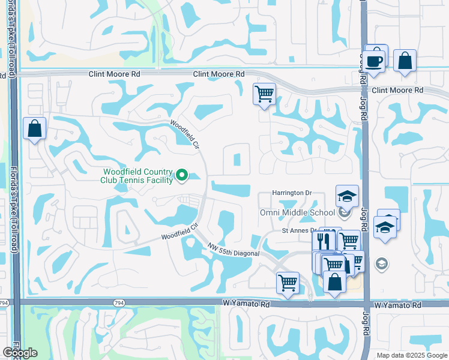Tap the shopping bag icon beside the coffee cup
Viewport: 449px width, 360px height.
pyautogui.click(x=406, y=61)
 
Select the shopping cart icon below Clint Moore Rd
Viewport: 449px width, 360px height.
pyautogui.click(x=264, y=94)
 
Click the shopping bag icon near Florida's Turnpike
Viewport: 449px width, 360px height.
pyautogui.click(x=35, y=128)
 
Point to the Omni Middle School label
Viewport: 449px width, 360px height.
pyautogui.click(x=298, y=212)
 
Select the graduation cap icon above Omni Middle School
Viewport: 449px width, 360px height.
pyautogui.click(x=346, y=196)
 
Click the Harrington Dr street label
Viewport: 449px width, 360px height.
pyautogui.click(x=293, y=193)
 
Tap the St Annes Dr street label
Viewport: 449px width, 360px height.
pyautogui.click(x=299, y=230)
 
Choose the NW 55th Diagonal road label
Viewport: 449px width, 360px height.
pyautogui.click(x=234, y=250)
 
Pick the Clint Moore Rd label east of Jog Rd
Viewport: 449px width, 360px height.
pyautogui.click(x=397, y=90)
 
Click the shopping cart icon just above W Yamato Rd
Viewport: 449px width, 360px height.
pyautogui.click(x=288, y=281)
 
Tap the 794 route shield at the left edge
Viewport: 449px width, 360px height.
pyautogui.click(x=4, y=304)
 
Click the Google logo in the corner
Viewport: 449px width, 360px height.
pyautogui.click(x=20, y=353)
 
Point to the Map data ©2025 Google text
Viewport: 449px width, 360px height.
pyautogui.click(x=412, y=355)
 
